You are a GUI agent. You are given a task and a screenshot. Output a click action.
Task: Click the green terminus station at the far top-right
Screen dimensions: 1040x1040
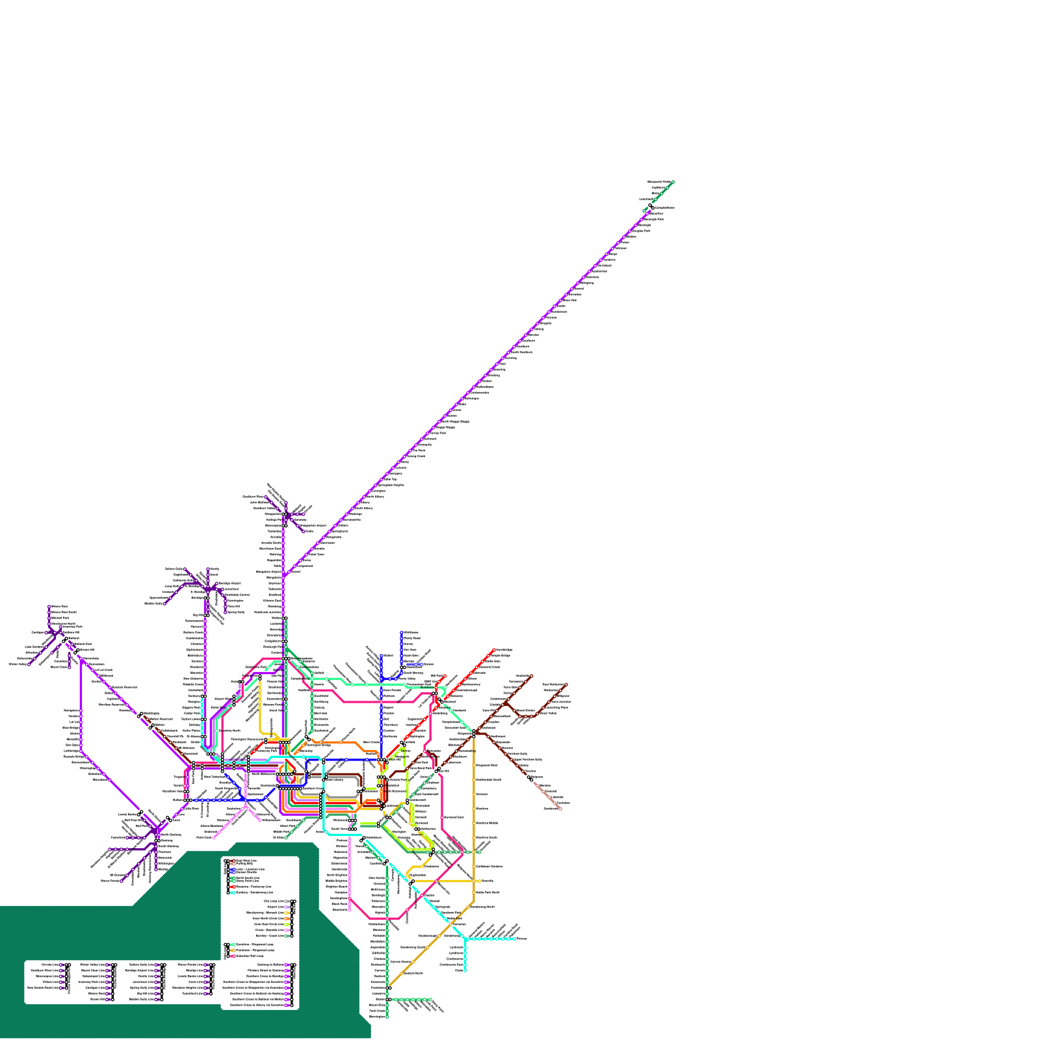(673, 182)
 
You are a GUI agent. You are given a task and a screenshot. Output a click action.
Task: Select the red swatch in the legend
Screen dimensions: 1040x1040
(233, 887)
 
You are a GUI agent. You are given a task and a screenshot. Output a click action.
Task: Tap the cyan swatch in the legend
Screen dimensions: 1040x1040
(233, 892)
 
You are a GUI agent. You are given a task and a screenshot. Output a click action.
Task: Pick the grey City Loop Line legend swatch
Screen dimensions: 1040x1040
(287, 902)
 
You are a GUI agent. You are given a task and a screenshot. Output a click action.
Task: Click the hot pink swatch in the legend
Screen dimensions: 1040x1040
(233, 956)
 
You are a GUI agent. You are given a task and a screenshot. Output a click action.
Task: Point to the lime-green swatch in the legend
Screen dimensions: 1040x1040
(287, 924)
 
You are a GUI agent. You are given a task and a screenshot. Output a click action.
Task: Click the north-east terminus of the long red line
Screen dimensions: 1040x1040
(494, 649)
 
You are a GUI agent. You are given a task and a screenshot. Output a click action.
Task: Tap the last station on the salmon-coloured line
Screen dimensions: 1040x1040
(560, 809)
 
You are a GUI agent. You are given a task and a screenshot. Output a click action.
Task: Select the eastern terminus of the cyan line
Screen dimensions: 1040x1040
(515, 939)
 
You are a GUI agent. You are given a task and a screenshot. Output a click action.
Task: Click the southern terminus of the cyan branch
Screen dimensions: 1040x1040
(465, 970)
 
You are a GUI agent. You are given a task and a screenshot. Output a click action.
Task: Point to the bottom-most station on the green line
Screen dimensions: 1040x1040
(387, 1017)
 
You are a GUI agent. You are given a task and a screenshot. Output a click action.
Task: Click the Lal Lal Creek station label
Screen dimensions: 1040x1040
(103, 670)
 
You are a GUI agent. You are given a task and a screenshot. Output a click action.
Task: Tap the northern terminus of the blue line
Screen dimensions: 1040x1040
(402, 632)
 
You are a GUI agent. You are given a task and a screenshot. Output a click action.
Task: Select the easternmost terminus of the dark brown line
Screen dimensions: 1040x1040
(566, 684)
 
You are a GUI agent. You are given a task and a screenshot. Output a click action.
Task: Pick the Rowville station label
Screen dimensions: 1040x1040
(487, 881)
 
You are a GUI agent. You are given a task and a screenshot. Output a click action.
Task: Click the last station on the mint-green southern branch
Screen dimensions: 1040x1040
(430, 1000)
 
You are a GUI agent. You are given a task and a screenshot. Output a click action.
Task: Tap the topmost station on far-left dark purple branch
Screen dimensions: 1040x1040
(49, 606)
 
